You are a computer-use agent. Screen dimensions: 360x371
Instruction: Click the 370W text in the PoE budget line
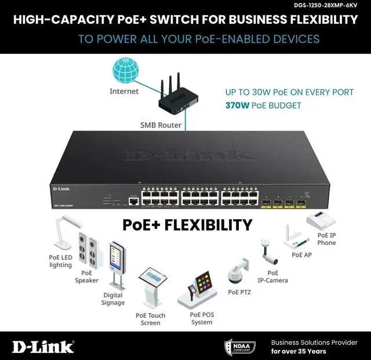pyautogui.click(x=238, y=106)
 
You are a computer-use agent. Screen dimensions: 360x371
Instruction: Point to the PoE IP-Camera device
pyautogui.click(x=269, y=252)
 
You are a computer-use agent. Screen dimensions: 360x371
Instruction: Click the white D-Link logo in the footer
pyautogui.click(x=43, y=346)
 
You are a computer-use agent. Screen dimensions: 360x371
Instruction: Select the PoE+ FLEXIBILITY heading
pyautogui.click(x=187, y=224)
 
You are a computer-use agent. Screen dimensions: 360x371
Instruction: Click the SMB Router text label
pyautogui.click(x=161, y=125)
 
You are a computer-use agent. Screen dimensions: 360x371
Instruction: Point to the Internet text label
pyautogui.click(x=124, y=91)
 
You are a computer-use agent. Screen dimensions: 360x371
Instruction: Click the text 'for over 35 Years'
pyautogui.click(x=299, y=351)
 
